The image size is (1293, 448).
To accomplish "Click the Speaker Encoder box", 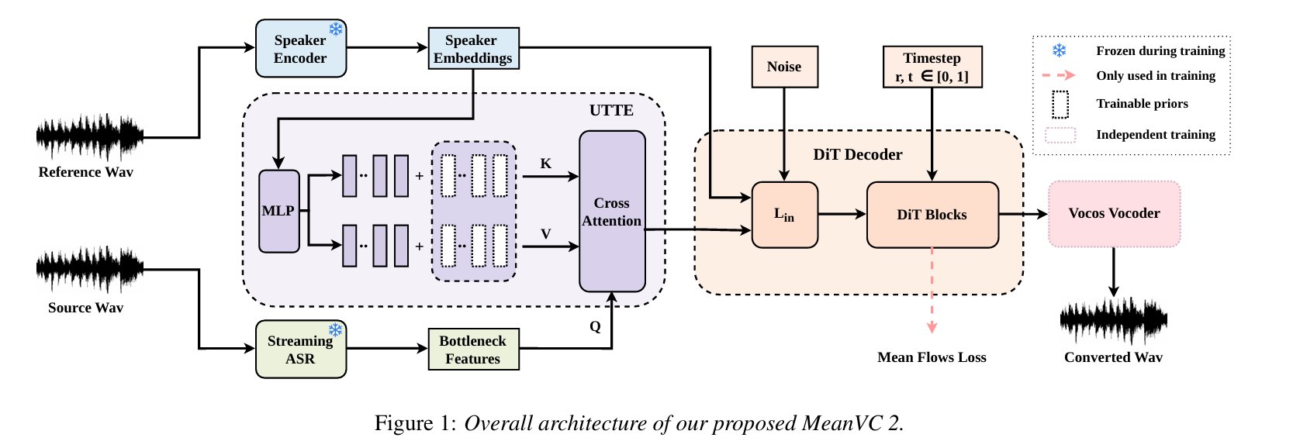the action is click(x=301, y=48).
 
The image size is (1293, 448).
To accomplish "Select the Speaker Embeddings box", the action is click(x=473, y=48).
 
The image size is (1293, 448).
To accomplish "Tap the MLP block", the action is click(x=278, y=211).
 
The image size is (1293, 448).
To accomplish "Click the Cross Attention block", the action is click(x=612, y=211).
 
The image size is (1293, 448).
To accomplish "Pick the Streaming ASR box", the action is click(x=301, y=350).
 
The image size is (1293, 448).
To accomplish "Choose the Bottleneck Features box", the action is click(x=473, y=350).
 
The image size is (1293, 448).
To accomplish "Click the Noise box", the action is click(x=784, y=67).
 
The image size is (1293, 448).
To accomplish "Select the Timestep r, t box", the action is click(x=932, y=67).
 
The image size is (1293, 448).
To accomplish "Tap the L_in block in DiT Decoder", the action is click(x=784, y=215).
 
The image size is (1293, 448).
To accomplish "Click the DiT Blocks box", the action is click(x=932, y=215).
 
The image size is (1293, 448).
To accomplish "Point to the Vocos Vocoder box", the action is click(x=1114, y=214).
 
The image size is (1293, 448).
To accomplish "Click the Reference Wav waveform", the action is click(x=89, y=137).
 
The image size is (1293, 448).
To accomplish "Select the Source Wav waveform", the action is click(x=89, y=270).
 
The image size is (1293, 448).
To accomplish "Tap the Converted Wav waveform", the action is click(x=1114, y=321).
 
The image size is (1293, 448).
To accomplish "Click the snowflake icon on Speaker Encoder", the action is click(x=335, y=29).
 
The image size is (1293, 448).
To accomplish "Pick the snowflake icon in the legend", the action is click(x=1060, y=50).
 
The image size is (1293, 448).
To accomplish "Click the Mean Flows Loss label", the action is click(x=932, y=357).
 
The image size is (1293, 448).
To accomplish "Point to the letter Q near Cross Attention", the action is click(x=595, y=327).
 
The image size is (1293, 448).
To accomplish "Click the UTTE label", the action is click(x=611, y=110).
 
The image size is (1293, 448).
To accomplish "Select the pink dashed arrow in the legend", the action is click(x=1059, y=75).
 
